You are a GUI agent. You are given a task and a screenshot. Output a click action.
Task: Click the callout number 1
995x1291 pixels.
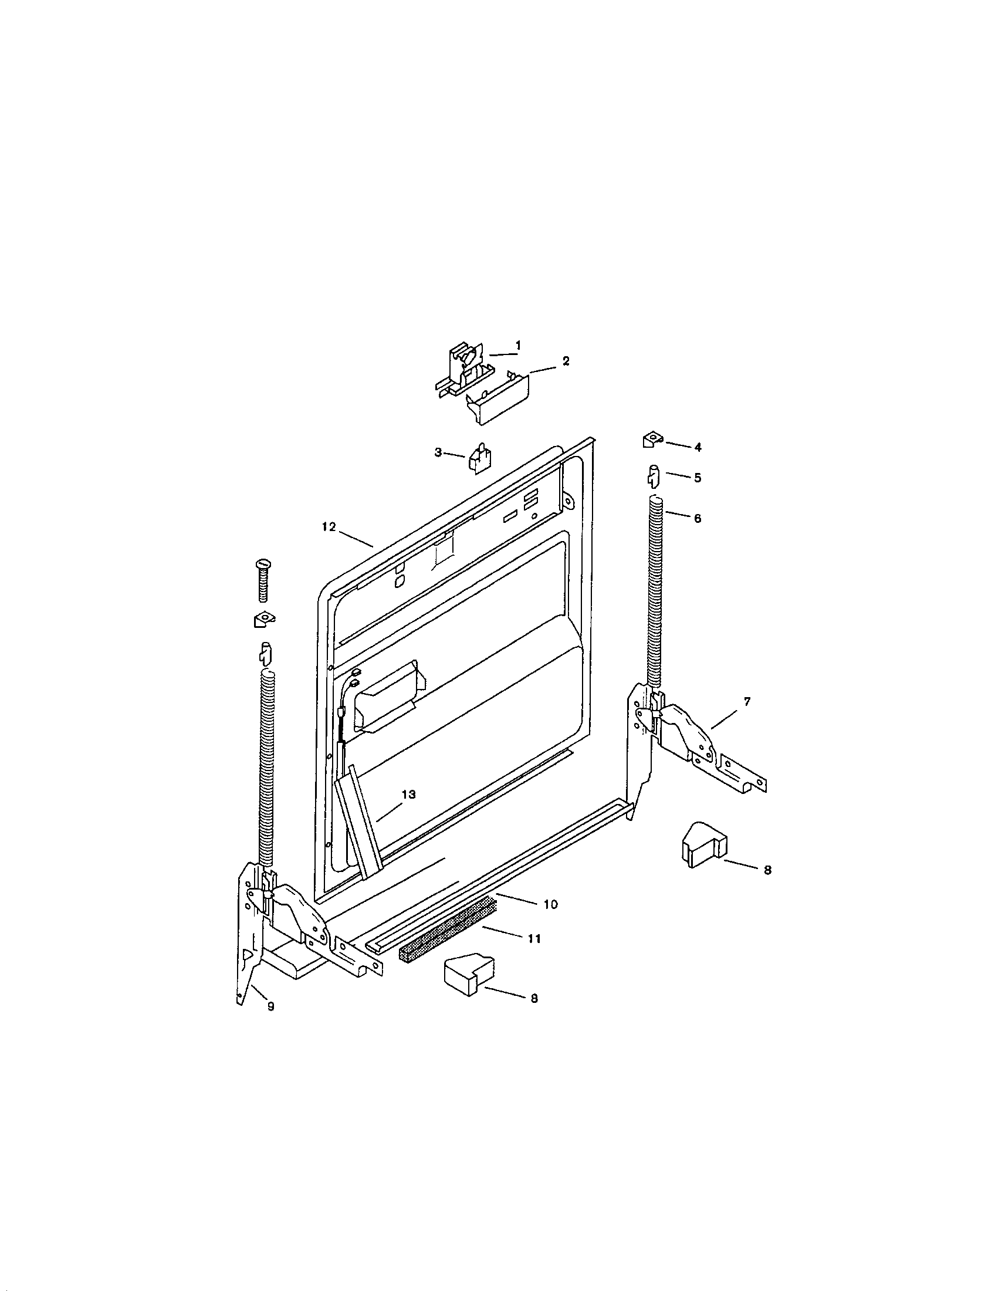(517, 344)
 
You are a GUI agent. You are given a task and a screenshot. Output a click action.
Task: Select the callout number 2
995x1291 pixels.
(566, 361)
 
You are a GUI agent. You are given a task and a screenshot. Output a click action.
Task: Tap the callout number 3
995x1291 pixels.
(438, 452)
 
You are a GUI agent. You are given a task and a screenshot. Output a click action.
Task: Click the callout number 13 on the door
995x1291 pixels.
(409, 795)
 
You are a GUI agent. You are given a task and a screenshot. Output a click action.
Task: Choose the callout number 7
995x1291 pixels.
(747, 702)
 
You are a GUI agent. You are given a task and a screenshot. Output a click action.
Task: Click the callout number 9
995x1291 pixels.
(270, 1006)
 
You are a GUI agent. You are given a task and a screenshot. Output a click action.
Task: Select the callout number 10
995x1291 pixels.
(550, 904)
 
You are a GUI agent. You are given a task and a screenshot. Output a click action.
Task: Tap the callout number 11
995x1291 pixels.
(533, 939)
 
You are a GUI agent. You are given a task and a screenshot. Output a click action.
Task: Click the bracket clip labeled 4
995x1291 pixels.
(650, 440)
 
